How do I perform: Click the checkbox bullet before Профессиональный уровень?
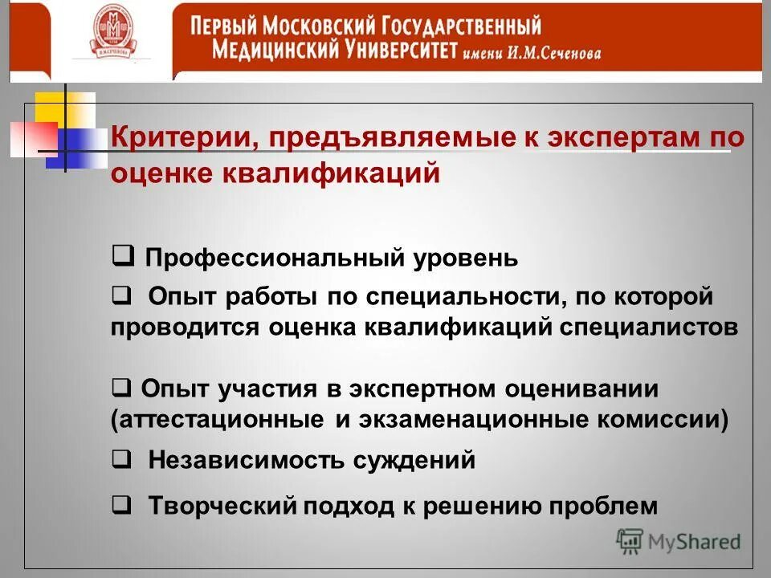coord(123,256)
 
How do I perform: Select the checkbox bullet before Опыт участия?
coord(123,388)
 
